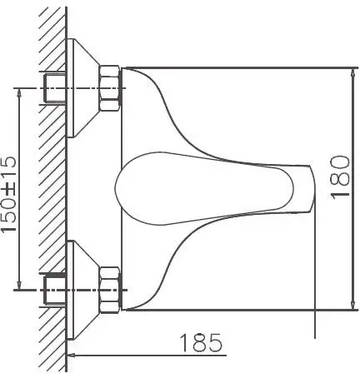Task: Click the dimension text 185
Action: [200, 341]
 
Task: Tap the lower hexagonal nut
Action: [110, 285]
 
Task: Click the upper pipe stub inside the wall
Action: [53, 86]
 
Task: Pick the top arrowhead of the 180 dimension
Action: [347, 71]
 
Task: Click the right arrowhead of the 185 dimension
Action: [313, 352]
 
